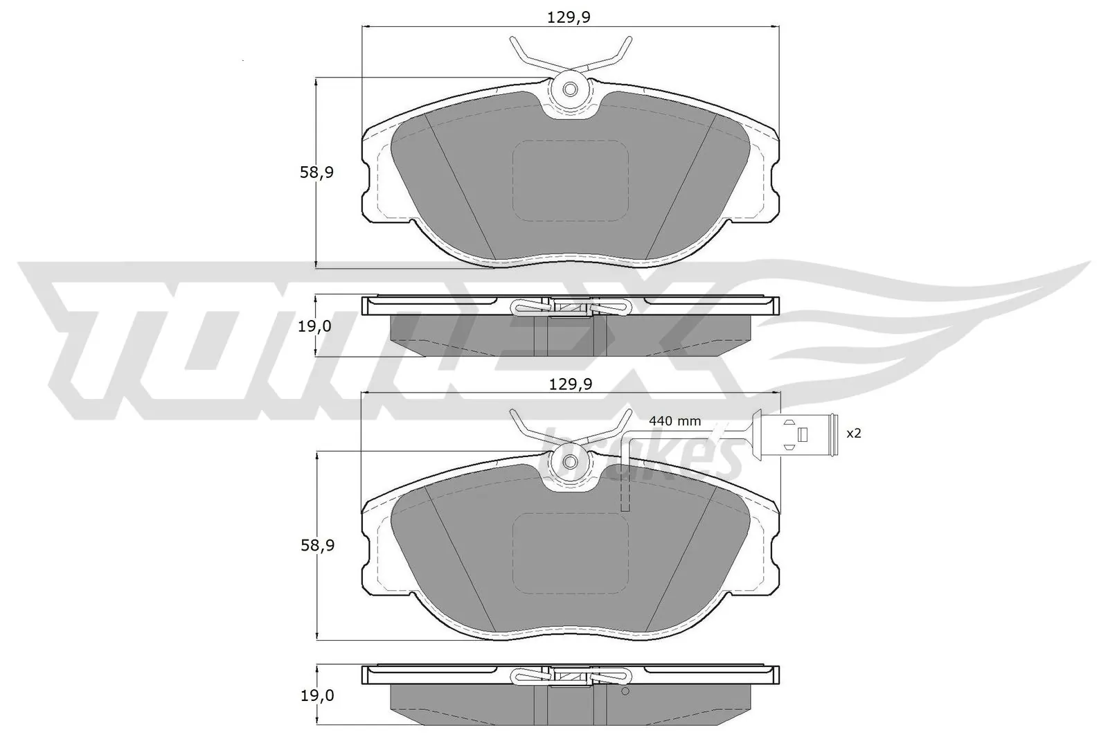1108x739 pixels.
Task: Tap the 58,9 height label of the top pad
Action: pos(316,172)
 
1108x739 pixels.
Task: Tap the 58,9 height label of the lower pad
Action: pos(317,545)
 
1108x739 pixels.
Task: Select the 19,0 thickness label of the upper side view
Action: pos(314,326)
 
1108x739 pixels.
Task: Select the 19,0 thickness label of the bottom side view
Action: pos(316,695)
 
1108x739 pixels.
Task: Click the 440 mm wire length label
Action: pos(674,420)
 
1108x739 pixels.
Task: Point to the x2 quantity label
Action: pos(854,433)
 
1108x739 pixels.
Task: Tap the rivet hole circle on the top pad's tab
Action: pos(570,89)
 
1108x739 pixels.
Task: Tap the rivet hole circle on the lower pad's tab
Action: pos(570,462)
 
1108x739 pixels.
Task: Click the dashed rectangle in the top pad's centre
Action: pos(570,181)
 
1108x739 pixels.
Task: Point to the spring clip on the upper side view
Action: pos(570,305)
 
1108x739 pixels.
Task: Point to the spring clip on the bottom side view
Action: pos(570,675)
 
